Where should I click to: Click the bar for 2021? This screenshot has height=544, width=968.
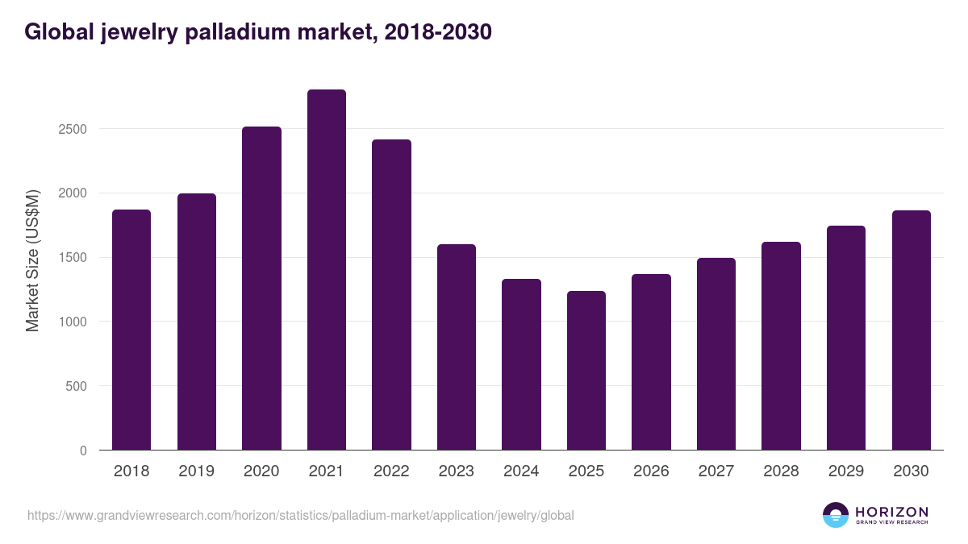327,270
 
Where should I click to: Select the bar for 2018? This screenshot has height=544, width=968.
131,330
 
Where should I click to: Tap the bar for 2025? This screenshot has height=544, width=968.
586,371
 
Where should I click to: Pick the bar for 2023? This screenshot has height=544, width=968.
457,347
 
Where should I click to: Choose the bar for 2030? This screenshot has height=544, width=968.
912,330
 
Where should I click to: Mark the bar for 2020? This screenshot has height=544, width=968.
261,289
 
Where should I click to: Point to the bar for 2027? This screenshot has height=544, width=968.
716,354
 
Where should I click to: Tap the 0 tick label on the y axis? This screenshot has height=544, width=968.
83,451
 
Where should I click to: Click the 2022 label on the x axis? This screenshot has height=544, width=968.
391,471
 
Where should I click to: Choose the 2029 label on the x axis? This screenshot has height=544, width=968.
846,471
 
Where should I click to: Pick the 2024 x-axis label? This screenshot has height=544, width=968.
521,471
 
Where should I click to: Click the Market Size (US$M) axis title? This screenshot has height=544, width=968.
32,260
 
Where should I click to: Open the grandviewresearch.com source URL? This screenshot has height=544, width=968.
300,515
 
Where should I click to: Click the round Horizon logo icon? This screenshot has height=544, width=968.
836,515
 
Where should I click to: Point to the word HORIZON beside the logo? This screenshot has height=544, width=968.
891,511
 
